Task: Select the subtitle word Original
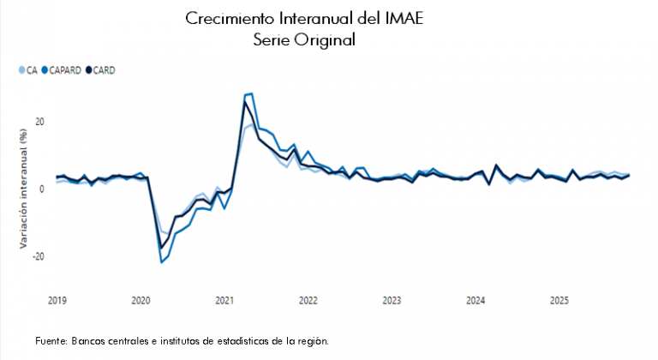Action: click(326, 39)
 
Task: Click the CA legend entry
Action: click(28, 69)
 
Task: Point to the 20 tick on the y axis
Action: click(39, 121)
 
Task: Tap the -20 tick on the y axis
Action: click(38, 256)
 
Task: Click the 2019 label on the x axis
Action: click(57, 300)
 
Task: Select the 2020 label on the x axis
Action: click(141, 300)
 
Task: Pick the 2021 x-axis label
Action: click(224, 300)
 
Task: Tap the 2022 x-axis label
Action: click(308, 300)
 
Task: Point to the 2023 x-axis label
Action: click(392, 300)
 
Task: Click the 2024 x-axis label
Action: click(476, 300)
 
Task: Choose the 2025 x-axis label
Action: click(559, 300)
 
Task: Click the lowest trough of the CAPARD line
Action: click(162, 261)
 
